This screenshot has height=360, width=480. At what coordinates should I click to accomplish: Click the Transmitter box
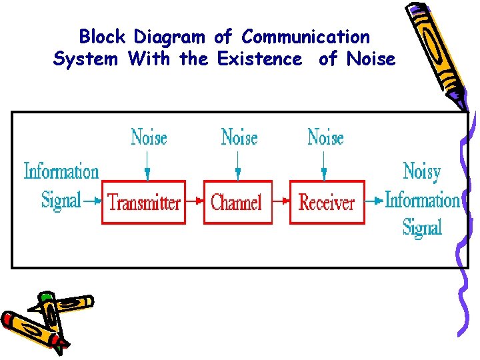143,201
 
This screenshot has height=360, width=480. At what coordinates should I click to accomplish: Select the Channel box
237,201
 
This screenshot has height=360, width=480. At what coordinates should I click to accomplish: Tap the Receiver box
327,201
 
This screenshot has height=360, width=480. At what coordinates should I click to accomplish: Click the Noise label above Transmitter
148,138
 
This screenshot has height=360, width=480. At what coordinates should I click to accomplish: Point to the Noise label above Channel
239,138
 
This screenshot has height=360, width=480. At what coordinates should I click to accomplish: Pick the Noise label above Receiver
325,138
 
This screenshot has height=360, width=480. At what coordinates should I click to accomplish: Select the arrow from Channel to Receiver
281,201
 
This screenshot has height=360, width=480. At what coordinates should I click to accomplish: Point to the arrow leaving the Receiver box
375,201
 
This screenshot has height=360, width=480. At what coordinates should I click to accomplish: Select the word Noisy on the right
422,172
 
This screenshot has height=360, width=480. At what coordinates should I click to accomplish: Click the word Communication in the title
305,37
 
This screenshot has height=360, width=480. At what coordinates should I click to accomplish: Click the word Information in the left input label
61,171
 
